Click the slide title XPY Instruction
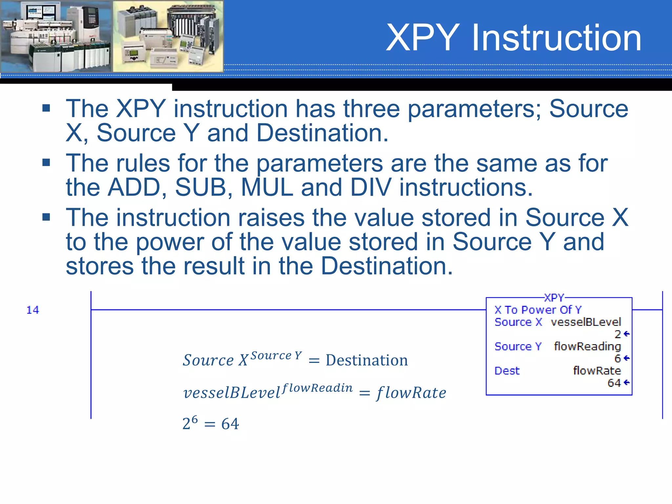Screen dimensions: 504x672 [513, 38]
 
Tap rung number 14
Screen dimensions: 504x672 [32, 310]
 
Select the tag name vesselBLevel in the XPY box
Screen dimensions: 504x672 [586, 322]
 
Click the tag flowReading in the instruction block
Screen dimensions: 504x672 [587, 346]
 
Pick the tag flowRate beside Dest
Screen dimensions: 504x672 [597, 371]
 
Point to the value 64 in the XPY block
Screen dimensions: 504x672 [614, 383]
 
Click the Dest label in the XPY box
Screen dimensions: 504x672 [507, 371]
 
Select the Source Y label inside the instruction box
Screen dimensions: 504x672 [518, 346]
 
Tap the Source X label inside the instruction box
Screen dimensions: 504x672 [518, 322]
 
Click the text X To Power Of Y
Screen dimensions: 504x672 [538, 310]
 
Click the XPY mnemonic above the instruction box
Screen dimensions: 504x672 [554, 298]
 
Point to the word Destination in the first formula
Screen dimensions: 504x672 [367, 360]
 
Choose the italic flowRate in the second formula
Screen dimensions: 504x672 [411, 393]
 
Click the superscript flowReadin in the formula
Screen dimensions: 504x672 [317, 388]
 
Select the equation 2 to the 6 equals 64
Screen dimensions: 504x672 [211, 423]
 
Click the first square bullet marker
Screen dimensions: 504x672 [46, 108]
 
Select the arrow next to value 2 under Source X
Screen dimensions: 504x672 [626, 334]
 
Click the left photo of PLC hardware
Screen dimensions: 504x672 [56, 36]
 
